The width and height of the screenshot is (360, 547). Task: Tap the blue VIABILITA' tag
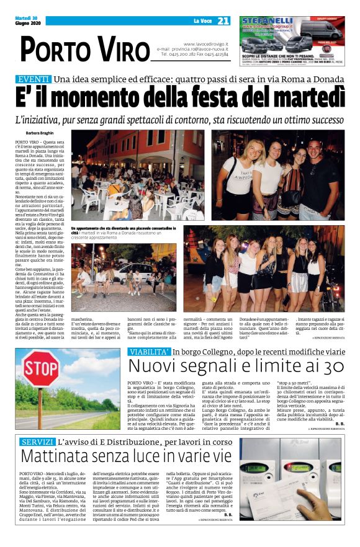[x=149, y=351]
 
